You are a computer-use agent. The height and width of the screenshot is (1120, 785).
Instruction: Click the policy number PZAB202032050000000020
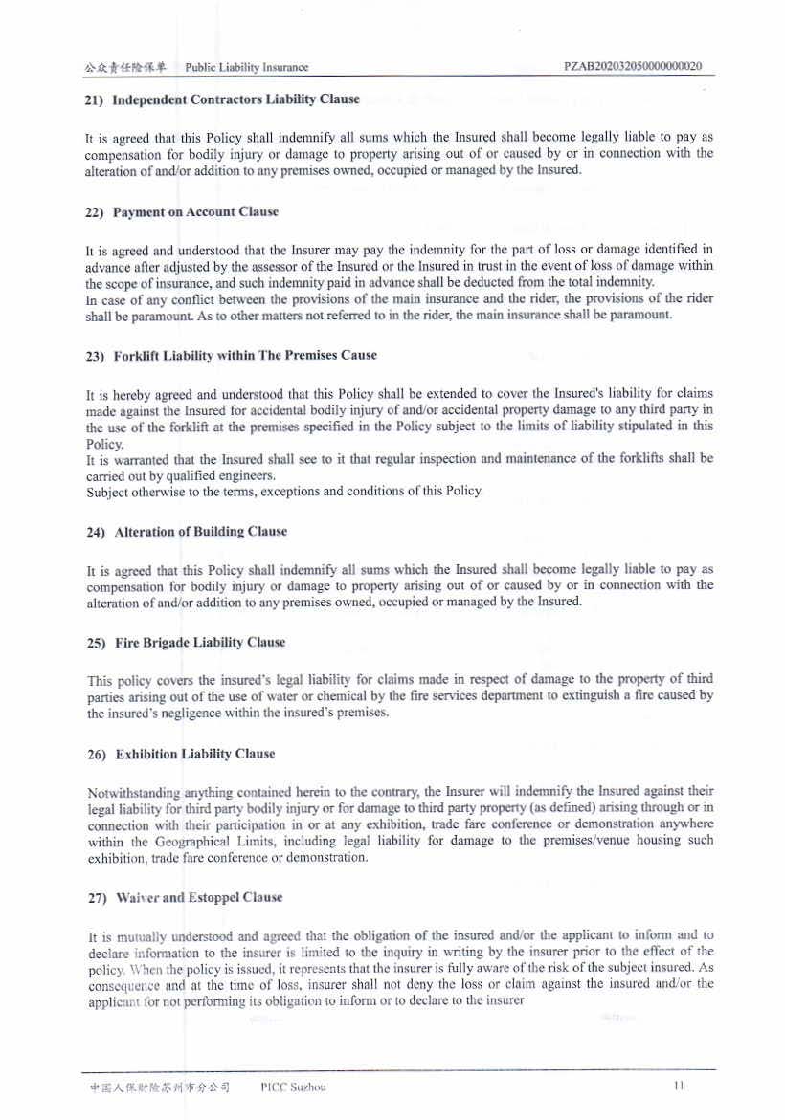click(x=634, y=67)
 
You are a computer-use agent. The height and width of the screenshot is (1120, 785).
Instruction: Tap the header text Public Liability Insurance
click(x=247, y=68)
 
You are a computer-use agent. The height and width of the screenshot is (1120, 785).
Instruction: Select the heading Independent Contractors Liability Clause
click(x=236, y=99)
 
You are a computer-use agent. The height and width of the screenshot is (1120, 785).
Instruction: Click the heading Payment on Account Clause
click(x=195, y=212)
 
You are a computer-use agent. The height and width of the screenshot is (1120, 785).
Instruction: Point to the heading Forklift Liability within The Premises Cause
click(x=245, y=356)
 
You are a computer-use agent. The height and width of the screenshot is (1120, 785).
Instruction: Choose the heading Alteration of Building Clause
click(x=200, y=532)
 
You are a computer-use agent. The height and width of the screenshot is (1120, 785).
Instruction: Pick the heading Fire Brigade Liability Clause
click(x=200, y=643)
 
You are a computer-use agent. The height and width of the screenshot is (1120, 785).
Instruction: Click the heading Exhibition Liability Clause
click(x=195, y=755)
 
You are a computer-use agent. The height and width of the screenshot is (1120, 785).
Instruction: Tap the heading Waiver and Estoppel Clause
click(x=199, y=898)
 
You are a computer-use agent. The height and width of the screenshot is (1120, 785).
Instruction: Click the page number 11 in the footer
click(x=680, y=1087)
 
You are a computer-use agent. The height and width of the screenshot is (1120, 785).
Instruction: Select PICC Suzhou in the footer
click(x=293, y=1087)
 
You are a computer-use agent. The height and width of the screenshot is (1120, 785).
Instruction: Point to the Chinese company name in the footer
click(x=160, y=1087)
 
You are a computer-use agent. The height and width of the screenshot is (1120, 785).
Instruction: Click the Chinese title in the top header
click(x=124, y=68)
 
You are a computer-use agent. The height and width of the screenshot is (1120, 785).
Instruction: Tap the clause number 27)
click(x=96, y=898)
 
